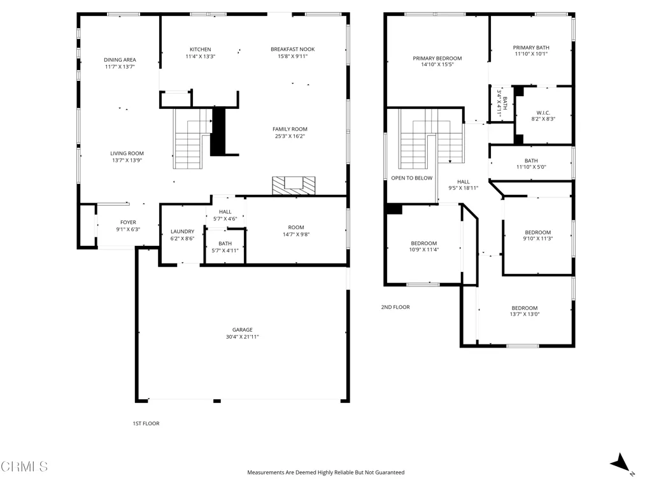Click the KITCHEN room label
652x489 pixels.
[x=201, y=50]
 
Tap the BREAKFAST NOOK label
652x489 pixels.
[x=293, y=49]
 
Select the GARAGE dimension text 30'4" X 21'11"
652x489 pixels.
[x=243, y=337]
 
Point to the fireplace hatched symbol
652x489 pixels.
[x=294, y=185]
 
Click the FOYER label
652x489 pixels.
[x=128, y=222]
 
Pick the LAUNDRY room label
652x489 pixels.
[x=183, y=232]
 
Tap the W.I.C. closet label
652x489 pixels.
[x=543, y=113]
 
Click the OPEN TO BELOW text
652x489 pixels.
[x=412, y=178]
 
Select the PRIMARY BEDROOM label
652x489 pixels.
[x=437, y=58]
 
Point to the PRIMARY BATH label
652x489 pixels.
[x=531, y=47]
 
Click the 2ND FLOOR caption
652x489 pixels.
[x=395, y=307]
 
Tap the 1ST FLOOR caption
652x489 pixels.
[x=146, y=423]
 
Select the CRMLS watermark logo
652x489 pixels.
[x=24, y=467]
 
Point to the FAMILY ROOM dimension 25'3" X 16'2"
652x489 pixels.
[x=290, y=136]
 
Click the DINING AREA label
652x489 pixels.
[x=120, y=60]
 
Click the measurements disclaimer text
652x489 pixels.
[x=325, y=472]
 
